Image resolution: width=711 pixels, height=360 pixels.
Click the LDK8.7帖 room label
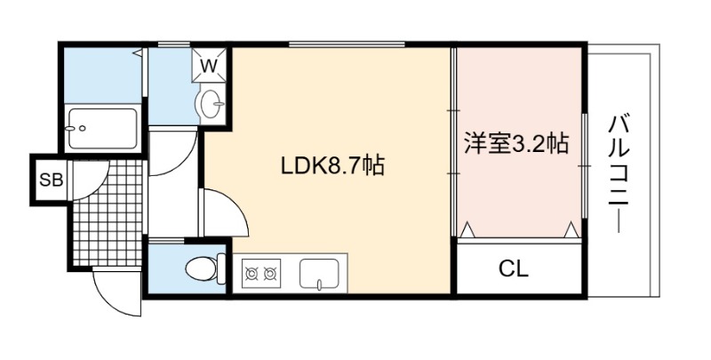click(x=332, y=166)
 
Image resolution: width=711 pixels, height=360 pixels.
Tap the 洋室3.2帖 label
click(x=515, y=143)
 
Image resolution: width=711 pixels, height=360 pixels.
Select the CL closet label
click(x=514, y=269)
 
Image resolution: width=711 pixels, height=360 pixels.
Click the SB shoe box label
click(x=52, y=180)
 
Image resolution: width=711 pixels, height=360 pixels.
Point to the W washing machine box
click(x=209, y=65)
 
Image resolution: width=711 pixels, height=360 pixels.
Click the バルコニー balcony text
click(x=619, y=174)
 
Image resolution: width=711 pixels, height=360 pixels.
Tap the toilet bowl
click(x=201, y=268)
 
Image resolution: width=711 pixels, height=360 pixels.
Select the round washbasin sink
click(x=210, y=103)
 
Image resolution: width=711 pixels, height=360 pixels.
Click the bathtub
click(x=102, y=128)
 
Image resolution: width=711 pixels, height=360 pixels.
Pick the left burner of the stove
click(x=252, y=274)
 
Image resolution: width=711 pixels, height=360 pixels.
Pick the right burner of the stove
click(x=271, y=274)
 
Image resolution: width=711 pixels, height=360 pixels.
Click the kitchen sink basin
click(x=319, y=273)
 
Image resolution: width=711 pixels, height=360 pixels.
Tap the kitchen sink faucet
click(x=319, y=284)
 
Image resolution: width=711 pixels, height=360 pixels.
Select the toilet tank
click(x=221, y=268)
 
